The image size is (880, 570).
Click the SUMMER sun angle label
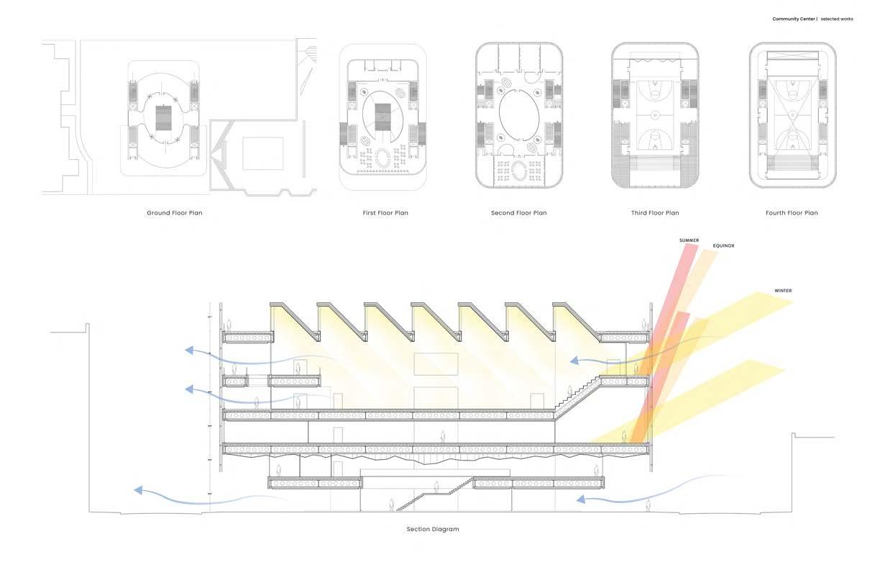689,240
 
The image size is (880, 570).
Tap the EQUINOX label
723,246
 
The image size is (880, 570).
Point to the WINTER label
783,291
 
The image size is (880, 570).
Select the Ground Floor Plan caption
174,213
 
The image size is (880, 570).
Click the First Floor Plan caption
385,213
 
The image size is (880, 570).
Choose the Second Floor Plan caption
518,213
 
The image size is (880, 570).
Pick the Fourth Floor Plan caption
792,213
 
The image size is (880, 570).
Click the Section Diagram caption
432,529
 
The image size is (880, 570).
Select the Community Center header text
794,19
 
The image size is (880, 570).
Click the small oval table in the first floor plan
386,158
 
